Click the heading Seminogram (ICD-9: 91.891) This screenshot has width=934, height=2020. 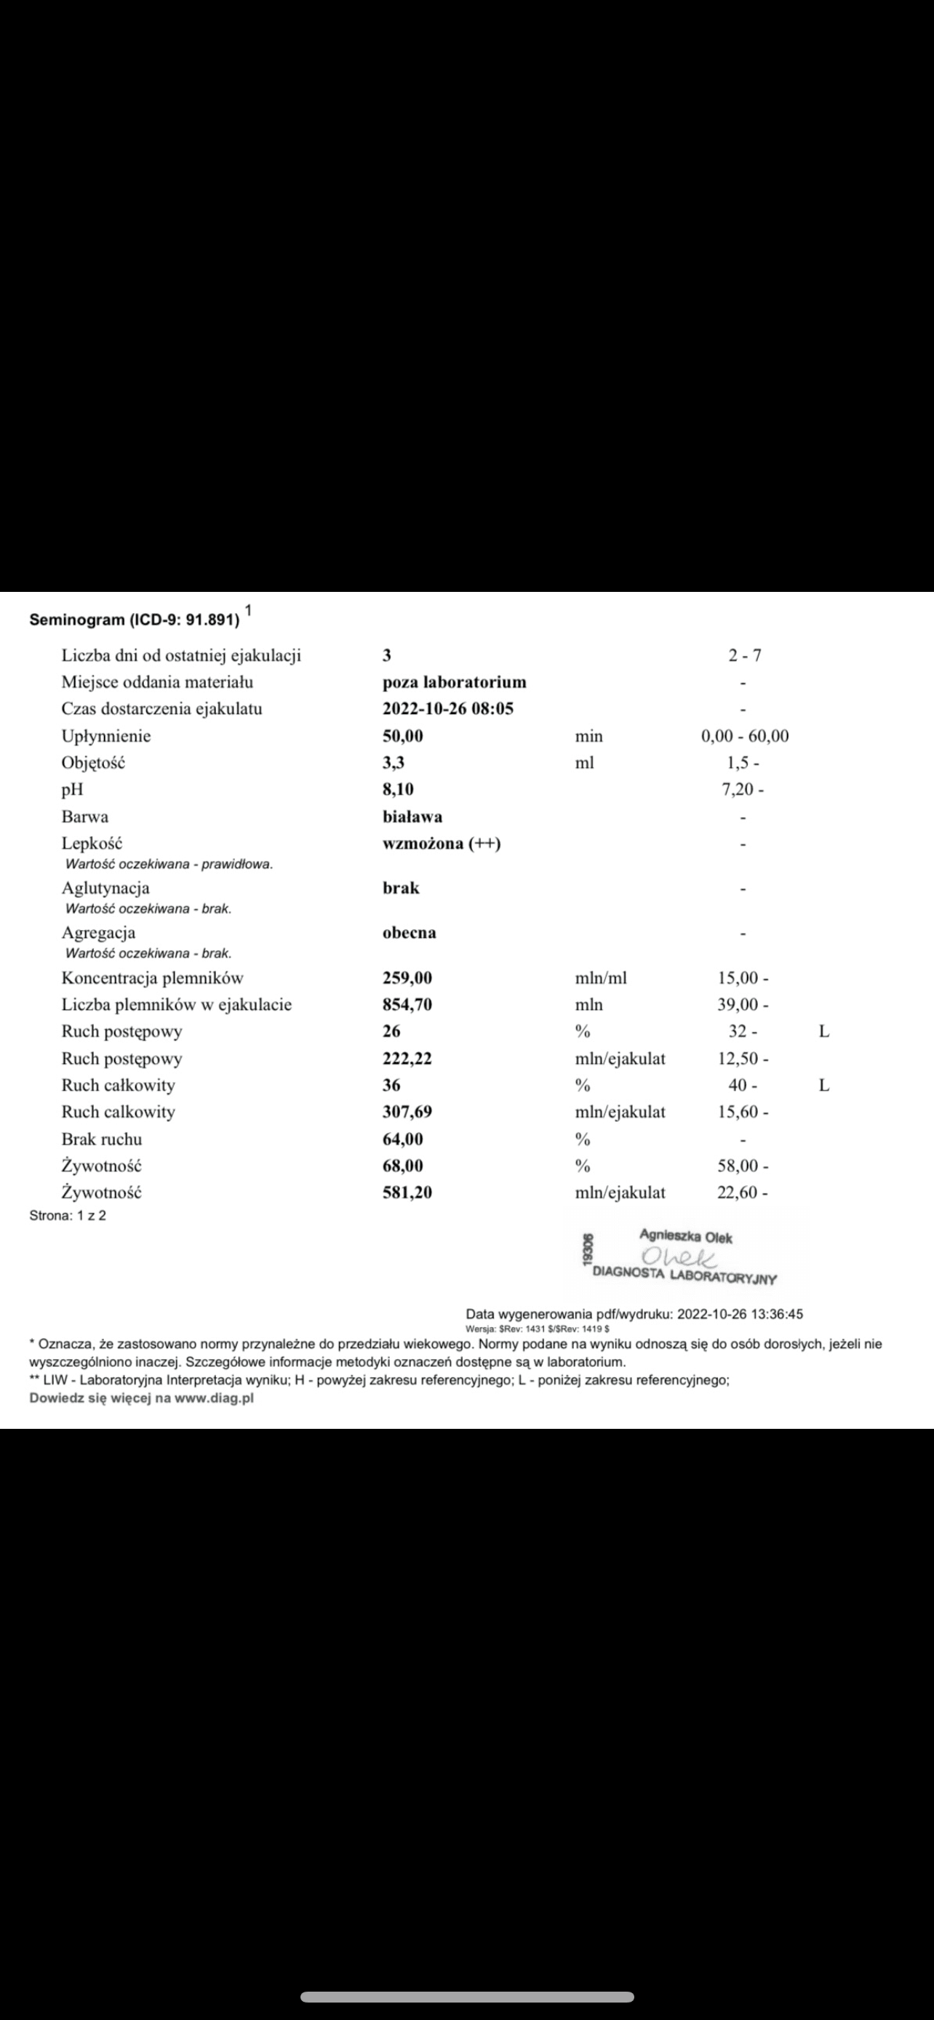[x=134, y=620]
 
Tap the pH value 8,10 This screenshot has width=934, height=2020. [x=398, y=789]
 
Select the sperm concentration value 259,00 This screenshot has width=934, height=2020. [x=407, y=978]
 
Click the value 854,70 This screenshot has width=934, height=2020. [x=407, y=1004]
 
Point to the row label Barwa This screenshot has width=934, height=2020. [x=84, y=817]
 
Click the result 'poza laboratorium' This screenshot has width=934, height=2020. [x=454, y=682]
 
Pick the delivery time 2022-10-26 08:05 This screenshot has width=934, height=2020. [x=448, y=709]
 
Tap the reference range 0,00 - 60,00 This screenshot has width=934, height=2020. [x=744, y=737]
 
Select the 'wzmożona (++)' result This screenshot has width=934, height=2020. [x=442, y=843]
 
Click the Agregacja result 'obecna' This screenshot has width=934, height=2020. [x=409, y=933]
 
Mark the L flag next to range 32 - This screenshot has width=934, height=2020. [x=823, y=1032]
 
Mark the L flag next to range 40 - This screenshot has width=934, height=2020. [x=823, y=1086]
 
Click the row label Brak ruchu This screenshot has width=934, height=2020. [x=101, y=1139]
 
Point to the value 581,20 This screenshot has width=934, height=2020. [x=407, y=1193]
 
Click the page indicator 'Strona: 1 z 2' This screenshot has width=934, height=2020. [x=68, y=1217]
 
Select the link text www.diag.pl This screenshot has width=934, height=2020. [x=213, y=1398]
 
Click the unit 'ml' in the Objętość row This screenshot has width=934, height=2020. [x=584, y=763]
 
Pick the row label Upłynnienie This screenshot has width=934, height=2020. [x=106, y=737]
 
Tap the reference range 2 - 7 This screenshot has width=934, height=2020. [x=743, y=656]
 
